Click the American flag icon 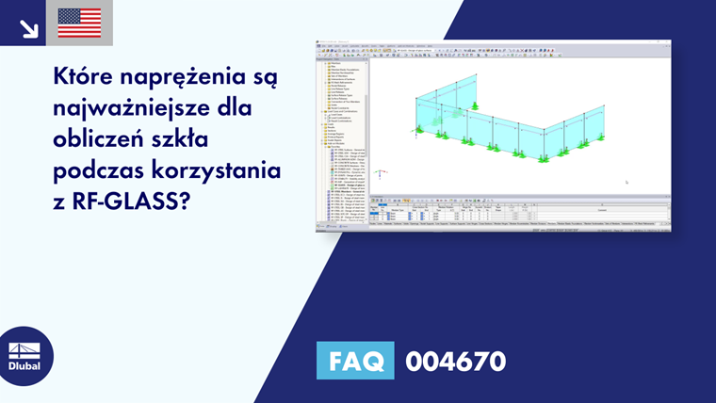(x=79, y=23)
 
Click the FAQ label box (x=355, y=362)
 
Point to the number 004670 (x=455, y=362)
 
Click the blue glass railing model (x=509, y=122)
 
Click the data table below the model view (x=518, y=215)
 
